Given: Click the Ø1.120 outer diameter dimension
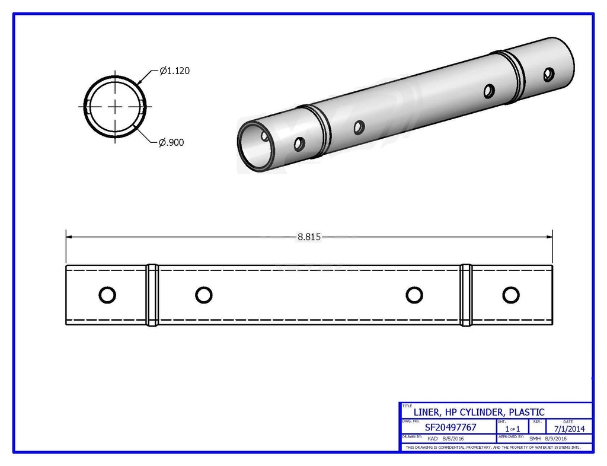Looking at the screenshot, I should (175, 71).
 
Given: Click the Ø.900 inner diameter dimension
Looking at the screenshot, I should (172, 142).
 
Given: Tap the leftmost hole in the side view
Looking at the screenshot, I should (107, 295).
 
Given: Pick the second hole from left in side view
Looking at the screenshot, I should (203, 295).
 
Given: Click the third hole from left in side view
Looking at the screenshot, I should (413, 295).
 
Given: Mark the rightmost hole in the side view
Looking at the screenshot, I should (510, 295).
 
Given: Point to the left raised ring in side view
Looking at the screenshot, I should (152, 295).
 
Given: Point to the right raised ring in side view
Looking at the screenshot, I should (466, 295).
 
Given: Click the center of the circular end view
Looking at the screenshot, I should (115, 106).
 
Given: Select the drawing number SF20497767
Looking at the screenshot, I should (451, 427).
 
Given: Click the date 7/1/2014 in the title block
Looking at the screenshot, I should (569, 427).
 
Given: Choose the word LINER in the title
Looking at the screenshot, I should (426, 412).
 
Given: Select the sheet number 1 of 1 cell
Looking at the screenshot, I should (512, 428).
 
